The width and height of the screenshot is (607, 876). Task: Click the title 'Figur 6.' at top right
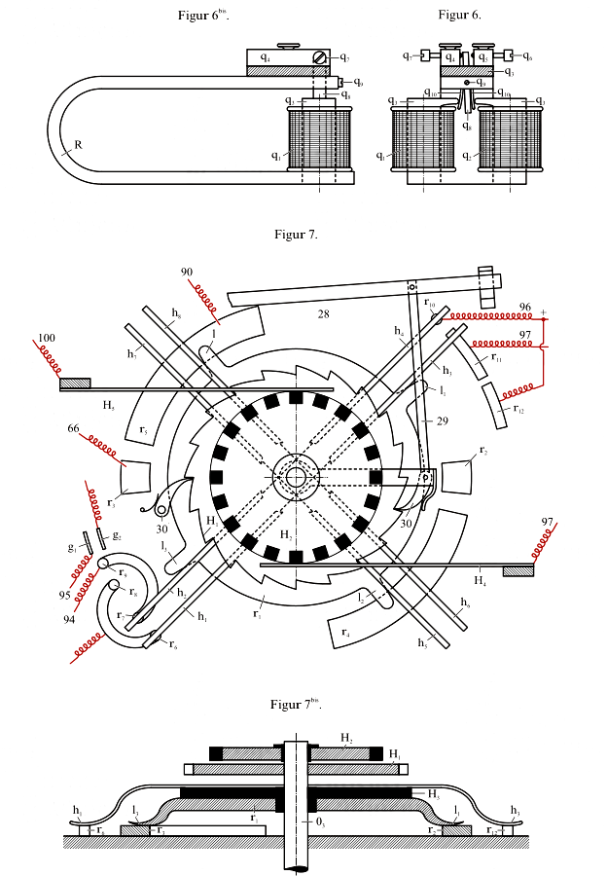[459, 15]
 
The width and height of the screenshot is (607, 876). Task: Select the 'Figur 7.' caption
[296, 234]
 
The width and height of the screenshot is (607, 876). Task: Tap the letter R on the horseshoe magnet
[77, 145]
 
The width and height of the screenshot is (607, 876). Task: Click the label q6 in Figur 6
[526, 57]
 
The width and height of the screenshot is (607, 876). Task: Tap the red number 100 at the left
[45, 339]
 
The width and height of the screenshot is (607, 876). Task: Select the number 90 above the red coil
[187, 272]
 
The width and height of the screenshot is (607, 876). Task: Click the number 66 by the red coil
[73, 426]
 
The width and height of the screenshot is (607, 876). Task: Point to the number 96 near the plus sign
[525, 308]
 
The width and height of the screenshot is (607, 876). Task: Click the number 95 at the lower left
[63, 594]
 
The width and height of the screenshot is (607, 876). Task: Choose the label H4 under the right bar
[479, 581]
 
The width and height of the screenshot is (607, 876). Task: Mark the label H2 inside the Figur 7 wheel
[285, 534]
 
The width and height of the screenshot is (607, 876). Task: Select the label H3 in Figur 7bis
[435, 793]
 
